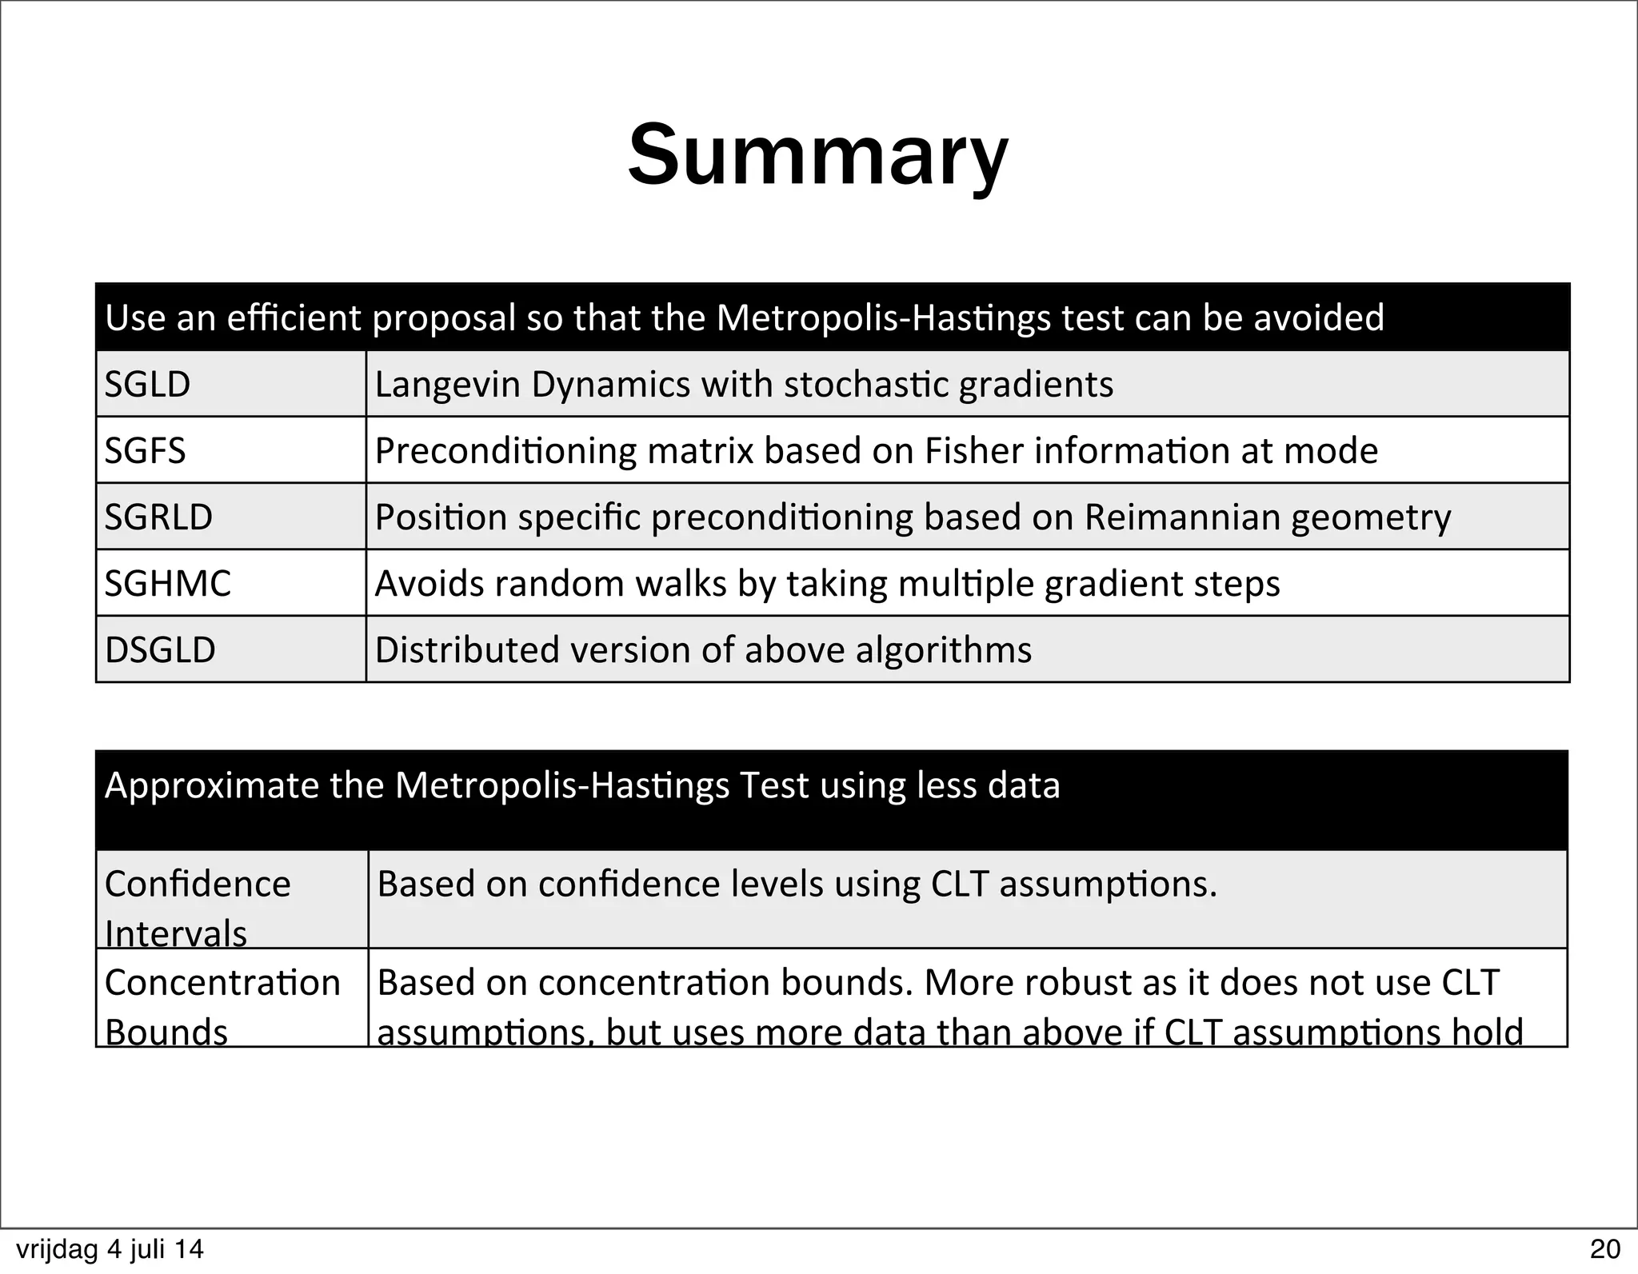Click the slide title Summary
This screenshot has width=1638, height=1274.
coord(817,156)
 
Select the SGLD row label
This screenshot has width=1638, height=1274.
coord(148,385)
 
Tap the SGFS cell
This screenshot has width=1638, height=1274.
coord(146,451)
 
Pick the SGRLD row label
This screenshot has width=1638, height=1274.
coord(159,517)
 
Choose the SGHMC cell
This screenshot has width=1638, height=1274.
coord(168,584)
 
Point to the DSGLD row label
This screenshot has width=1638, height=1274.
coord(161,650)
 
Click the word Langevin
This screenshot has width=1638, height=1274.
coord(446,385)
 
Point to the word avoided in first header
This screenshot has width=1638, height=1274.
coord(1318,318)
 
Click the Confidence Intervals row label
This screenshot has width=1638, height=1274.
coord(198,907)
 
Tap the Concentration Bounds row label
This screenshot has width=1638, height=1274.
coord(222,1005)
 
